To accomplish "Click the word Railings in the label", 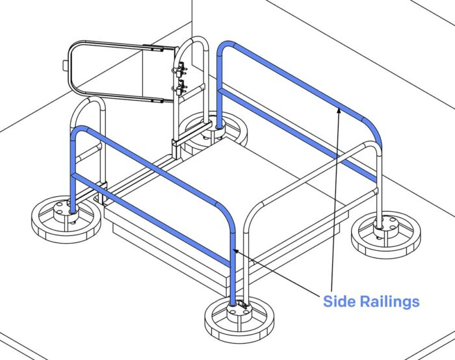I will pyautogui.click(x=389, y=302).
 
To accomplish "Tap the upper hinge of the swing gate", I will pyautogui.click(x=180, y=68).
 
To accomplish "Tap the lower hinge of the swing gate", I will pyautogui.click(x=180, y=86).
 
